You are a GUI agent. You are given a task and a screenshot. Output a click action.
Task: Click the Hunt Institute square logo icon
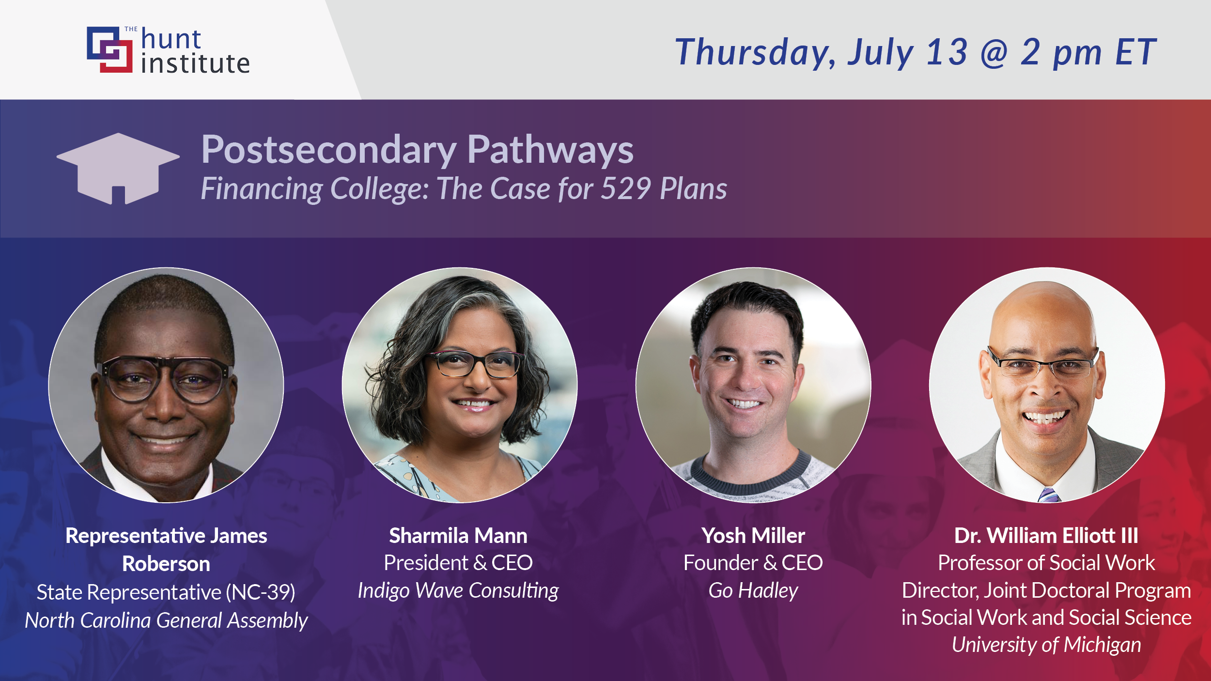(109, 49)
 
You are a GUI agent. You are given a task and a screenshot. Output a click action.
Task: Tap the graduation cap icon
(118, 167)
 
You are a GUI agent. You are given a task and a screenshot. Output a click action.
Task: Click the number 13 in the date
(947, 52)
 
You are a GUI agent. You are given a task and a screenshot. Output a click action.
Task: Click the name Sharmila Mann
(458, 536)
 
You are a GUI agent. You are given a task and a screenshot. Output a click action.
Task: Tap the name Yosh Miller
(753, 536)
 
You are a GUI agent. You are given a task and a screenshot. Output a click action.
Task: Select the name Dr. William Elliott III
(1046, 536)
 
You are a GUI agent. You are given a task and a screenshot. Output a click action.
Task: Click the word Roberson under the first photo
(166, 564)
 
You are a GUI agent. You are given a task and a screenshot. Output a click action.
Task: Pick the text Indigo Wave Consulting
(458, 590)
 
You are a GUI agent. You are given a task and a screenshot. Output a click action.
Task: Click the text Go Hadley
(753, 590)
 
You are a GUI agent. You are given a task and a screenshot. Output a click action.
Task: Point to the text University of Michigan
(1046, 645)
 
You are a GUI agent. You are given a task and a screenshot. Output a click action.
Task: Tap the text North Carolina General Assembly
(166, 620)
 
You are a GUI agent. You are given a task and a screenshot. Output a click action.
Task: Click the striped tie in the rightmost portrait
(1049, 495)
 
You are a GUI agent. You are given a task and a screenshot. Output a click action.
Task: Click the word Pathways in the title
(550, 150)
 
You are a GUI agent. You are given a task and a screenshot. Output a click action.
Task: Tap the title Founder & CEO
(753, 563)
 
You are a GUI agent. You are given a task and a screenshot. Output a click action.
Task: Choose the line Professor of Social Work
(1046, 563)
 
